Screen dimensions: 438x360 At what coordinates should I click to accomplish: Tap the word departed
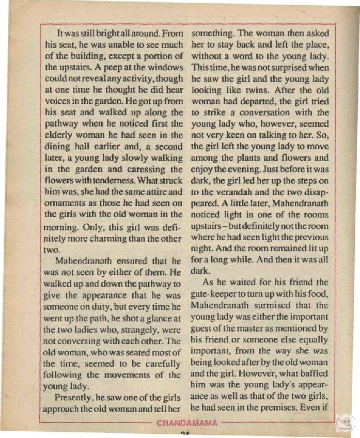coord(278,101)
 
